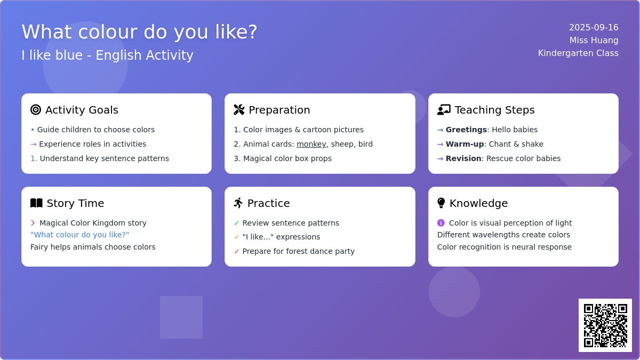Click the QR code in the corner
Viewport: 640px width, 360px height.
pyautogui.click(x=605, y=325)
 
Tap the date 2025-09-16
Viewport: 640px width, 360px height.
pyautogui.click(x=594, y=27)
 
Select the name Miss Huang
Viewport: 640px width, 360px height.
pyautogui.click(x=594, y=41)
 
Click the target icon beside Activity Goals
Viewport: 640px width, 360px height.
pyautogui.click(x=36, y=110)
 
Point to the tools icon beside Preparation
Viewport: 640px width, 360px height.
pyautogui.click(x=239, y=110)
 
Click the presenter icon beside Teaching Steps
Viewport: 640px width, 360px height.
pyautogui.click(x=444, y=110)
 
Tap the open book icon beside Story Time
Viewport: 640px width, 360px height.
pyautogui.click(x=36, y=203)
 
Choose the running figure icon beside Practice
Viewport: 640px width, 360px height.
pyautogui.click(x=238, y=203)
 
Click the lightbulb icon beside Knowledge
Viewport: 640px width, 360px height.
pyautogui.click(x=441, y=203)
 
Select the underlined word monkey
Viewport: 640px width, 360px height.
pyautogui.click(x=311, y=144)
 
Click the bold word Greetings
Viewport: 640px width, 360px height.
pyautogui.click(x=466, y=130)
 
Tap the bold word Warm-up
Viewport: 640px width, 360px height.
pyautogui.click(x=465, y=144)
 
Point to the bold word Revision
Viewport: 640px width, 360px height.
pyautogui.click(x=463, y=158)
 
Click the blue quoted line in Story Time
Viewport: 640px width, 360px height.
pyautogui.click(x=79, y=235)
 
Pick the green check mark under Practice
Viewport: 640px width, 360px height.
pyautogui.click(x=236, y=223)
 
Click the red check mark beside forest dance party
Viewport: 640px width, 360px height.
pyautogui.click(x=236, y=251)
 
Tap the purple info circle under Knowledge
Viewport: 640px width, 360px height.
pyautogui.click(x=441, y=222)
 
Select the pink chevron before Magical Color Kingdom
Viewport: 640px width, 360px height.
pyautogui.click(x=33, y=223)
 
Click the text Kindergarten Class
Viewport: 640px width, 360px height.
pyautogui.click(x=578, y=53)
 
